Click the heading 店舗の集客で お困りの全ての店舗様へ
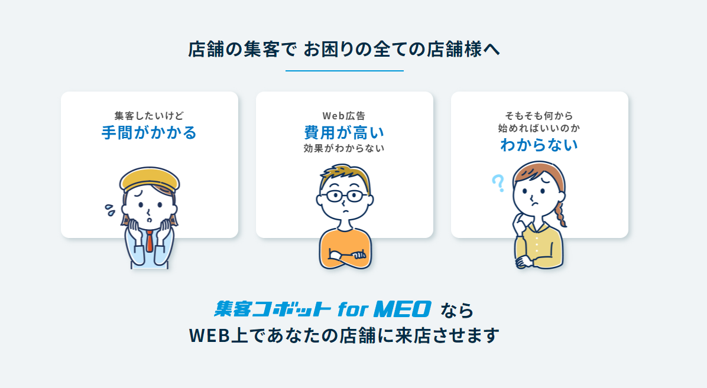(344, 50)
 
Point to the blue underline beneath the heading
(344, 71)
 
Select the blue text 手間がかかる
(149, 132)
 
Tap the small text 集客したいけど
(149, 116)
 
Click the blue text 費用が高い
(344, 132)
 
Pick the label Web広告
(344, 116)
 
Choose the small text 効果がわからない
(344, 148)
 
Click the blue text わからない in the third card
(539, 144)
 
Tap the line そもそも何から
(539, 116)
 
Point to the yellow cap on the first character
(149, 178)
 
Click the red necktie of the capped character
(150, 241)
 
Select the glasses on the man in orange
(344, 196)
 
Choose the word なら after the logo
(457, 309)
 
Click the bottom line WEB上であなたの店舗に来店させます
(344, 335)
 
